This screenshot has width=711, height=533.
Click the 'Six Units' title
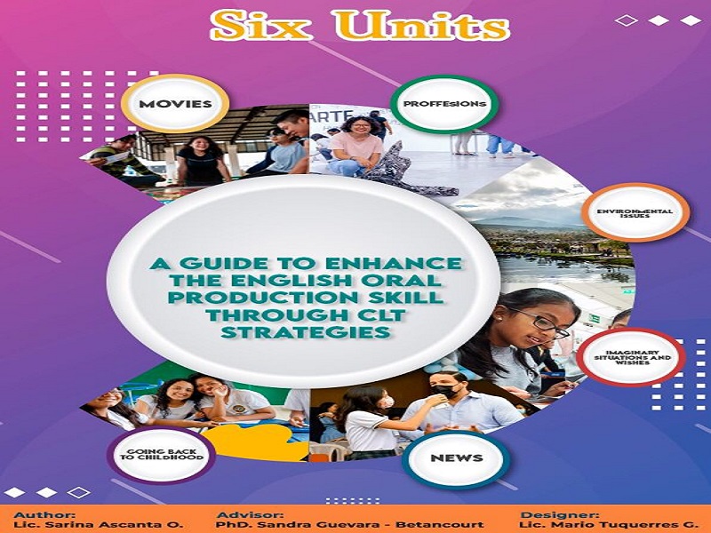pos(360,26)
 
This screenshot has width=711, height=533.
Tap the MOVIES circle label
pos(175,104)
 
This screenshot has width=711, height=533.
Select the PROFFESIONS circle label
pos(444,104)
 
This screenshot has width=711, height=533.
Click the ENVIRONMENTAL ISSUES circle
pos(635,212)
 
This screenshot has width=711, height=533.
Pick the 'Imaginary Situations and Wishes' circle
pos(632,358)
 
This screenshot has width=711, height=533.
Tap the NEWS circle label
pos(457,458)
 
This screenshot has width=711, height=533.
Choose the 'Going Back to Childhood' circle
pos(162,455)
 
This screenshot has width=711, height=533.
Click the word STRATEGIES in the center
pos(307,332)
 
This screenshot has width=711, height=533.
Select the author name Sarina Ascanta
pos(99,525)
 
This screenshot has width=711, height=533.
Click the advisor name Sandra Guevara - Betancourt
pos(349,525)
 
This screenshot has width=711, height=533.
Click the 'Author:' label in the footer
pos(44,515)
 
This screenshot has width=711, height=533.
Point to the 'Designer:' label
pos(560,515)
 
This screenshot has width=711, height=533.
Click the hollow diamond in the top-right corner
pos(627,20)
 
